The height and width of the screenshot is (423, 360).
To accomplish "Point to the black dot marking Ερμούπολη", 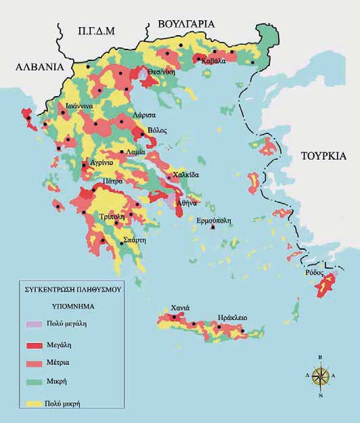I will (214, 228).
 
